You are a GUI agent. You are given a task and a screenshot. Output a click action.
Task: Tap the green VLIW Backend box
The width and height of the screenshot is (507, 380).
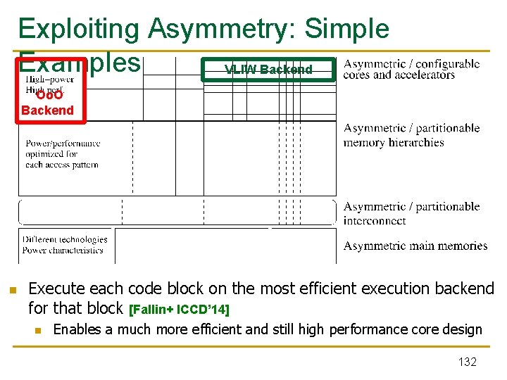(268, 70)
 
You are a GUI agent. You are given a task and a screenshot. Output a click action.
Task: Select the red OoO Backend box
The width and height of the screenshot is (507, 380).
(47, 103)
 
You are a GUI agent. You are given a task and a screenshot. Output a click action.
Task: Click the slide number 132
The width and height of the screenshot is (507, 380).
(467, 362)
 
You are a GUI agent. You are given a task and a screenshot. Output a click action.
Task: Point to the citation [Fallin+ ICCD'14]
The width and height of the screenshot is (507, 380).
(180, 309)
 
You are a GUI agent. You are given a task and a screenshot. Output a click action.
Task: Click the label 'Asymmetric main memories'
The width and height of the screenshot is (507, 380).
(415, 246)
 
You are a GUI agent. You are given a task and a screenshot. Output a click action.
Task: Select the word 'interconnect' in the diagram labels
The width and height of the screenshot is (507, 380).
(375, 220)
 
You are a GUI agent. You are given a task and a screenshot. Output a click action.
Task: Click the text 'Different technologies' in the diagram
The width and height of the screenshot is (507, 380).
(65, 239)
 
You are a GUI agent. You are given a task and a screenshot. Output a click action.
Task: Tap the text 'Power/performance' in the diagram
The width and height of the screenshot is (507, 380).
(63, 144)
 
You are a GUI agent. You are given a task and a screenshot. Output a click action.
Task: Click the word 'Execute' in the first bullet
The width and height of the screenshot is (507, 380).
(56, 289)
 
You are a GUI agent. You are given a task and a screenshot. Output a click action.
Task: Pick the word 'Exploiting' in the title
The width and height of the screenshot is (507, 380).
(79, 28)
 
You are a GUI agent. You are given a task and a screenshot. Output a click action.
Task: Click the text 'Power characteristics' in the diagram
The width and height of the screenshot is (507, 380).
(63, 250)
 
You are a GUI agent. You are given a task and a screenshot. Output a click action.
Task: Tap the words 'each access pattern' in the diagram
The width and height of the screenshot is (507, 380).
(62, 165)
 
